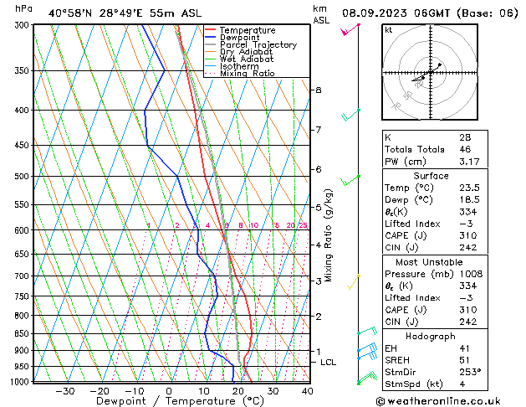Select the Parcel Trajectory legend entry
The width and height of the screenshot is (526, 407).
(258, 45)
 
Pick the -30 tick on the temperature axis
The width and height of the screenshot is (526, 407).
(64, 391)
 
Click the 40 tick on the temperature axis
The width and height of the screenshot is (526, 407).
(307, 391)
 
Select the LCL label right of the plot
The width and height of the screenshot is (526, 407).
(328, 362)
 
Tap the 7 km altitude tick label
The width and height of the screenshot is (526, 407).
(318, 130)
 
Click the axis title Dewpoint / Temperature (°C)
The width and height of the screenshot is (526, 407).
(167, 402)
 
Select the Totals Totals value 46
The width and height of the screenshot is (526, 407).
(464, 149)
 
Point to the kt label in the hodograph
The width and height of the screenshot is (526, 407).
(388, 30)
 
